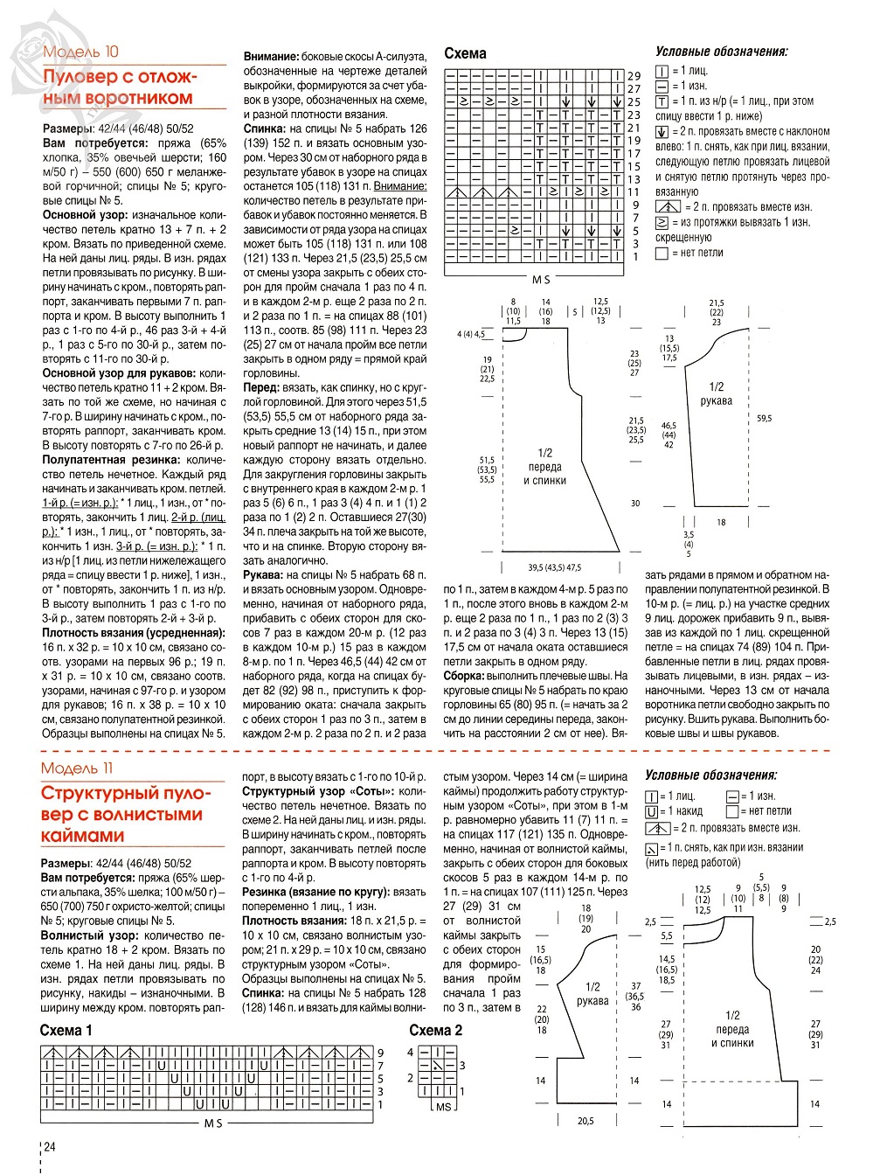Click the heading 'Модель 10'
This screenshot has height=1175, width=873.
80,52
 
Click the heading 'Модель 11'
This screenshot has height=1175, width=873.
77,768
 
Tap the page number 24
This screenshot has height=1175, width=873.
50,1146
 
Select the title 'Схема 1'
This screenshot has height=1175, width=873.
66,1031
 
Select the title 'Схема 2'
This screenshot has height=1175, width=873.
435,1031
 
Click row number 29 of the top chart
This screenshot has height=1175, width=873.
634,77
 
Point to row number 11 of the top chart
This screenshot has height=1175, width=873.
634,192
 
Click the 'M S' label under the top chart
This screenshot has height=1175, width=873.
541,280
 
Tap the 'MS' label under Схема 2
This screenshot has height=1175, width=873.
444,1107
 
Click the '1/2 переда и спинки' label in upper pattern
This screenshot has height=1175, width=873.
545,466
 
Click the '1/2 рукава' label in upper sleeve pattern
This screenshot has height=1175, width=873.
717,393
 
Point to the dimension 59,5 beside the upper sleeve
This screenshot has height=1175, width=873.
765,419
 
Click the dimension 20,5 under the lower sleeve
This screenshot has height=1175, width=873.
585,1121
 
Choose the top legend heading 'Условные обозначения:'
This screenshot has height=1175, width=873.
722,52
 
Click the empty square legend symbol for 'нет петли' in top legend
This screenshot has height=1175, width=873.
662,254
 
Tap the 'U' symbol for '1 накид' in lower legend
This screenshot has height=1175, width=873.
651,812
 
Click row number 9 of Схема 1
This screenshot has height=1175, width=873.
380,1053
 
